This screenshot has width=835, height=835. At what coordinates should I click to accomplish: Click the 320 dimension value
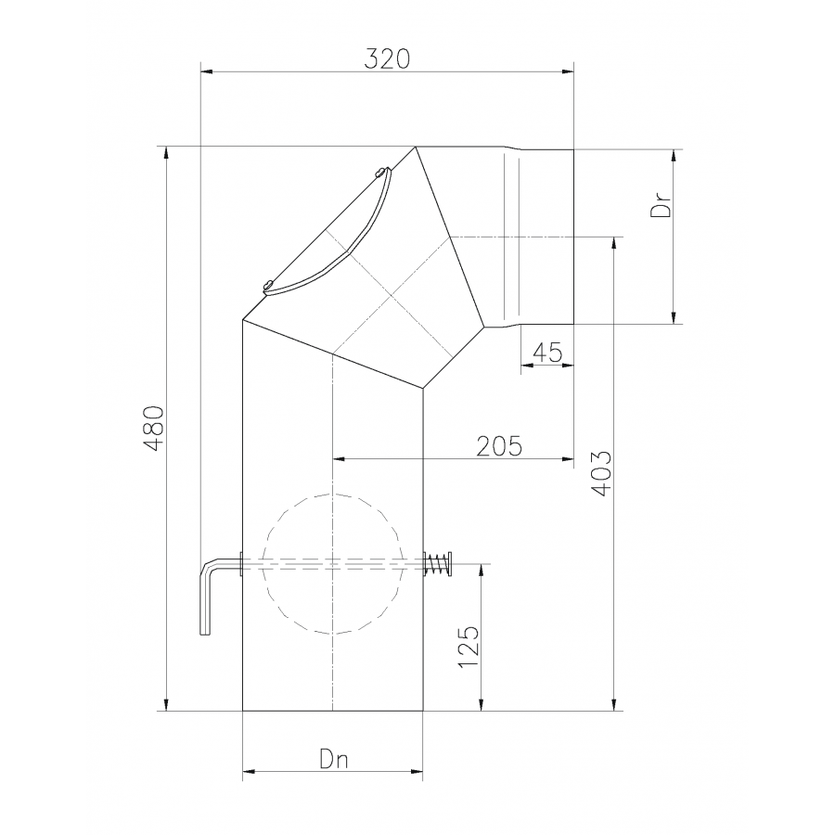[387, 58]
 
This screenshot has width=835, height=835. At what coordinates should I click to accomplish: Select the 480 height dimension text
[156, 428]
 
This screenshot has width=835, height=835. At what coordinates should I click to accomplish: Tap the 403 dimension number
[602, 473]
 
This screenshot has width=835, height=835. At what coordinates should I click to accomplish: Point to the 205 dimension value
[499, 446]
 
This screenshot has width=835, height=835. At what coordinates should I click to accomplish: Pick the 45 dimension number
[547, 353]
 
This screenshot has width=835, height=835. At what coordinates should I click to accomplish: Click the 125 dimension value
[469, 647]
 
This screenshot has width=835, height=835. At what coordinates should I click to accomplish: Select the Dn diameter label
[334, 759]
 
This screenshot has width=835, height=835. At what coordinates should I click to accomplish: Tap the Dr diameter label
[661, 204]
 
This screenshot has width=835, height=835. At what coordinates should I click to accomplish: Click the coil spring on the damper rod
[437, 564]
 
